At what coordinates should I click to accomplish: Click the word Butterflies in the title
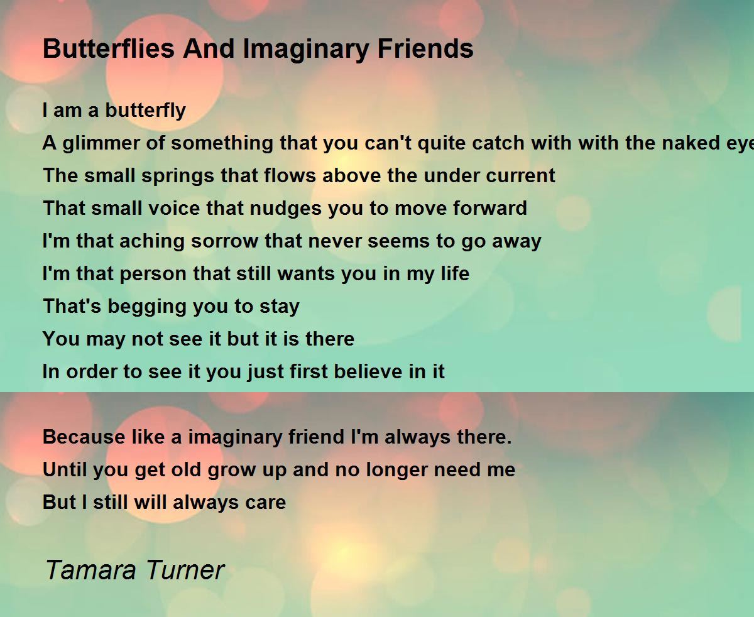click(x=108, y=48)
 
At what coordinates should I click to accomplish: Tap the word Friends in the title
click(x=425, y=48)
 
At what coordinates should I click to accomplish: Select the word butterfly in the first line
click(x=146, y=111)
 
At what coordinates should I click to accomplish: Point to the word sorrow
click(x=224, y=241)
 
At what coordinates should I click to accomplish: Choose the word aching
click(x=151, y=242)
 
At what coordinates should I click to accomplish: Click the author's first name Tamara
click(x=91, y=570)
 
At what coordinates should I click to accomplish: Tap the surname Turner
click(x=185, y=570)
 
